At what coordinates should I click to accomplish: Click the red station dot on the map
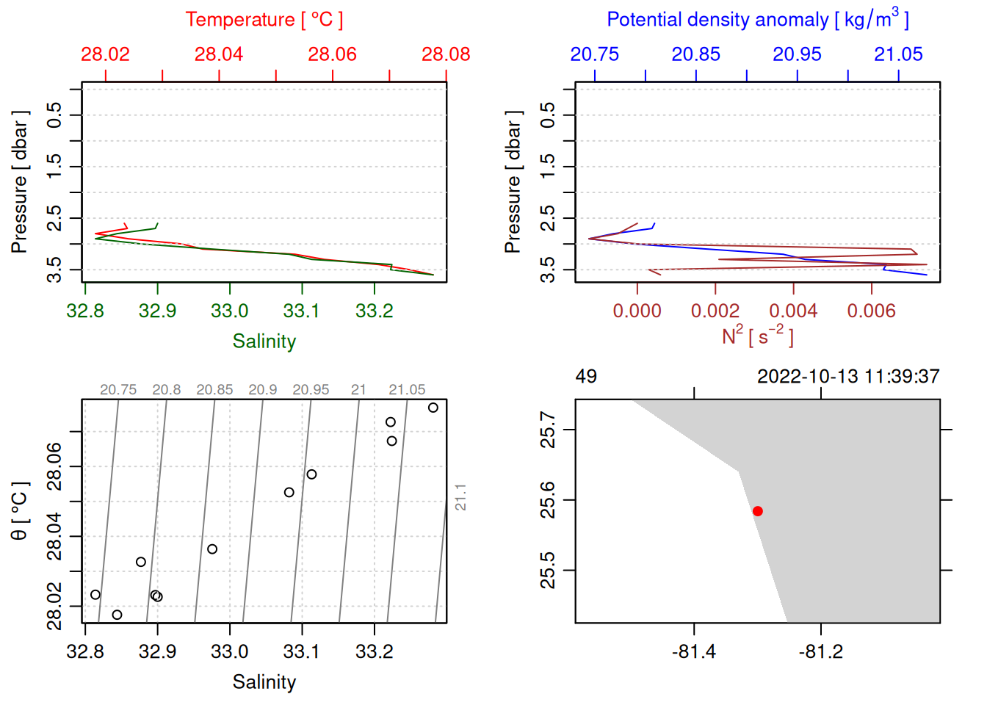(x=757, y=511)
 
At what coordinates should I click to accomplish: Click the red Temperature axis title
(x=264, y=20)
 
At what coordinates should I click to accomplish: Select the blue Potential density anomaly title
(x=757, y=20)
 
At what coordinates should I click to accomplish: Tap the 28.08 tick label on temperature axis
(x=446, y=54)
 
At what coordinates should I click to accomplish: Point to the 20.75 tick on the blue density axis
(x=595, y=54)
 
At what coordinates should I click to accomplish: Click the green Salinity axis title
(x=264, y=341)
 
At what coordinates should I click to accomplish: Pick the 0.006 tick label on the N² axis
(x=871, y=311)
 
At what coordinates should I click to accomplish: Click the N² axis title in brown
(x=757, y=336)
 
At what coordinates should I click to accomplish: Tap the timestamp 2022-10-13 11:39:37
(x=848, y=377)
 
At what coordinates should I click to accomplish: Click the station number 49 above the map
(x=586, y=377)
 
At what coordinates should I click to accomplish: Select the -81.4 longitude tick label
(x=694, y=652)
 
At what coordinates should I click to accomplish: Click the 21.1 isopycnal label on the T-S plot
(x=460, y=497)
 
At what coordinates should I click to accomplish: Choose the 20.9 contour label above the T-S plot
(x=263, y=390)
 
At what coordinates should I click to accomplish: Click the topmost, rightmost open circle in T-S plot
(x=433, y=408)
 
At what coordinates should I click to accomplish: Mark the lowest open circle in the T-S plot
(x=117, y=615)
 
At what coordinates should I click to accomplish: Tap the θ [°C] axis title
(x=20, y=511)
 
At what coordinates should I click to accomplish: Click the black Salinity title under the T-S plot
(x=264, y=682)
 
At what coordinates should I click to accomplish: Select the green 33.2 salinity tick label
(x=375, y=311)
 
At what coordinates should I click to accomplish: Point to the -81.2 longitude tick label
(x=820, y=652)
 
